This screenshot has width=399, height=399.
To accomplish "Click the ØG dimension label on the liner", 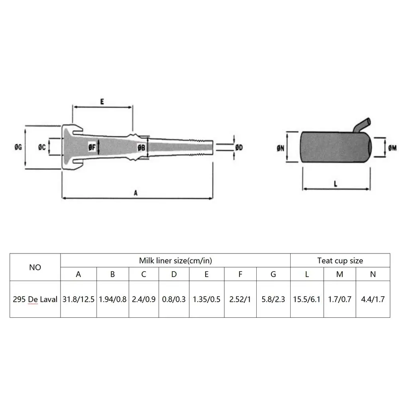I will pos(17,147).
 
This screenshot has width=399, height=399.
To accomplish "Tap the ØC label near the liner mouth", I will pos(42,147).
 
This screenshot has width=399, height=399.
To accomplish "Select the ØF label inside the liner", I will pos(92,147).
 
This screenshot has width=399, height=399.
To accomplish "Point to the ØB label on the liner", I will pos(141,147).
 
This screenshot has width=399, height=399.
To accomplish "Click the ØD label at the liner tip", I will pos(239,147).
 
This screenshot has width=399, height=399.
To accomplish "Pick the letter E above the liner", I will pos(102,102).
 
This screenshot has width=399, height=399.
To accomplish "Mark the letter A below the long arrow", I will pos(136,193).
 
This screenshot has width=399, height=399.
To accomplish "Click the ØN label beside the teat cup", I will pos(281,147).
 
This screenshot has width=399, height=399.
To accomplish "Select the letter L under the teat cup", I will pos(336,184).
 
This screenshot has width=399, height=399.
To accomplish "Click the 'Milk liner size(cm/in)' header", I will pos(175,261).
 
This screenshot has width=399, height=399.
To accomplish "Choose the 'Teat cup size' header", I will pos(340,261).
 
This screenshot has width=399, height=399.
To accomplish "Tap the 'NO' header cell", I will pos(35,267).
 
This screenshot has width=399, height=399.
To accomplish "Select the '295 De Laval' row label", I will pos(35,299).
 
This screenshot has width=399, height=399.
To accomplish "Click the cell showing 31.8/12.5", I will pos(79,299).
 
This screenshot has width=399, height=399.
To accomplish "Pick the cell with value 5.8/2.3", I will pos(273,299).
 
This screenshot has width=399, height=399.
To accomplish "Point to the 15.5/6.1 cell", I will pos(307,299).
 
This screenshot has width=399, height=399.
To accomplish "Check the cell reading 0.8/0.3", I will pos(174,299).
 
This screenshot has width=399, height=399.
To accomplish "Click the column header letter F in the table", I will pos(240,274).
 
